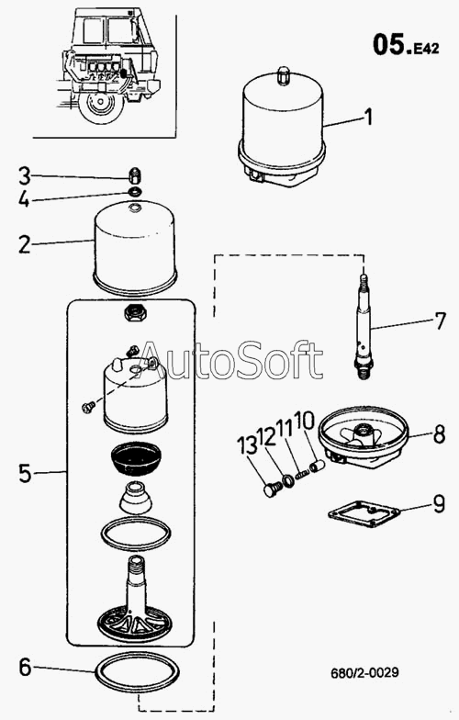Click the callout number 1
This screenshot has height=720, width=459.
(367, 117)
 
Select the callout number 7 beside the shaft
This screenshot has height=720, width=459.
(440, 321)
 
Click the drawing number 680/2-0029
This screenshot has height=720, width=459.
(365, 672)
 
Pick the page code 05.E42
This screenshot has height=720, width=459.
(406, 44)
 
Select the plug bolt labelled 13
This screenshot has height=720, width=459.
(271, 489)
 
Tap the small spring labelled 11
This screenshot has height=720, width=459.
(301, 474)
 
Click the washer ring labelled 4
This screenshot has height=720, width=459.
(135, 191)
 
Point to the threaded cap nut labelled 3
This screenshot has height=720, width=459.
(134, 174)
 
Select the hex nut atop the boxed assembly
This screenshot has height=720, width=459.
(135, 313)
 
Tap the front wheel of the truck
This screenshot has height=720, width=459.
(101, 107)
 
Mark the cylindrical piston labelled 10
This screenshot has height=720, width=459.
(319, 467)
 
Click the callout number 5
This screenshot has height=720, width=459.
(26, 474)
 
